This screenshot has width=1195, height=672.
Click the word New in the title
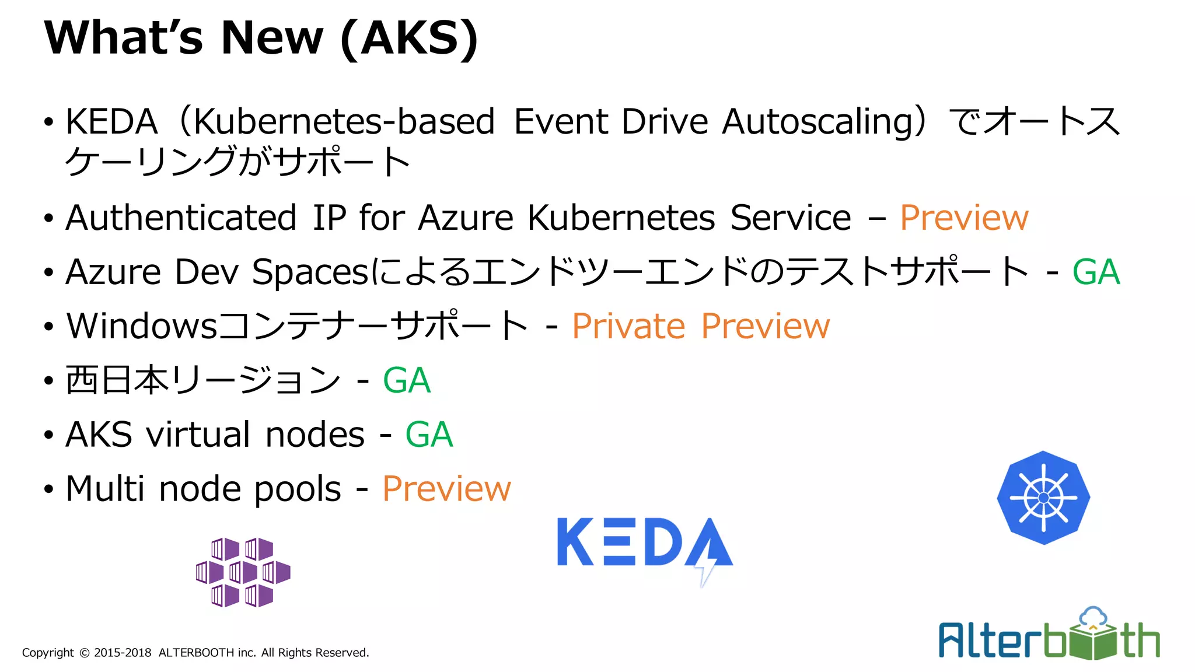271,38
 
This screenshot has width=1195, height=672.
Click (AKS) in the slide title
409,38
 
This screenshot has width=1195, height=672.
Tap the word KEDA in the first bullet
111,122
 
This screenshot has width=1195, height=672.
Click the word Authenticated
181,218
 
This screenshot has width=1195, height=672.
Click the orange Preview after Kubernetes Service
964,218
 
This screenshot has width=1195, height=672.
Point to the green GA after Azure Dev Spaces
1096,272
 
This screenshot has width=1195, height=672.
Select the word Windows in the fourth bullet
142,326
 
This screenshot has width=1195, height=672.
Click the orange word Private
628,326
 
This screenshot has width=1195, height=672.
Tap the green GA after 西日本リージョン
407,381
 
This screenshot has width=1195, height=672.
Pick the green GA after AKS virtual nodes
429,435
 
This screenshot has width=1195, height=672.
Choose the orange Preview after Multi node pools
446,489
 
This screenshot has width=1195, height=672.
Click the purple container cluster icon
243,572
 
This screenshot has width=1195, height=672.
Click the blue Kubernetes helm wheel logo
1043,498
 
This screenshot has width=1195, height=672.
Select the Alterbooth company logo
1049,636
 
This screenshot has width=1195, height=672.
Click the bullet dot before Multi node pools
48,489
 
